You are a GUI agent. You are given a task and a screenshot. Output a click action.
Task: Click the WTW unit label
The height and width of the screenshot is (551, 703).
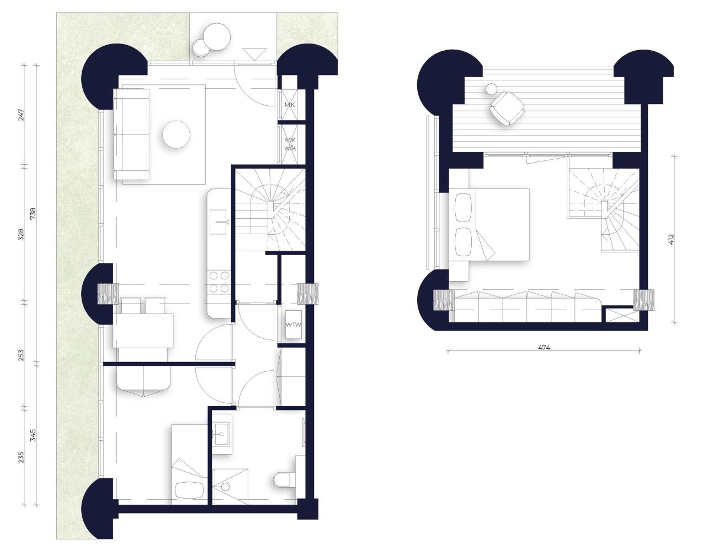coord(294,325)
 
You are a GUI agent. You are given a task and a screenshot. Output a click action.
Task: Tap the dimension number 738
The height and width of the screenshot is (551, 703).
coord(33,214)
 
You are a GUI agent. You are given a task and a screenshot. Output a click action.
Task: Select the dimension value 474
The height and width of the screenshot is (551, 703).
coord(544,348)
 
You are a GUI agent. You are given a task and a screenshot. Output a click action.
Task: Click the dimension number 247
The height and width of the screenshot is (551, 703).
coord(21,115)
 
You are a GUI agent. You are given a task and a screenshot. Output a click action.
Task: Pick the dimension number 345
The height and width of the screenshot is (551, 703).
coord(33,435)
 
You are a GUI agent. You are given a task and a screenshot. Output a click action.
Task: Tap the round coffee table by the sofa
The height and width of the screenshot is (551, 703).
coord(176,134)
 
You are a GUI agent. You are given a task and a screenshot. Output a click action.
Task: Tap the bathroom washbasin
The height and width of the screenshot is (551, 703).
coord(222,434)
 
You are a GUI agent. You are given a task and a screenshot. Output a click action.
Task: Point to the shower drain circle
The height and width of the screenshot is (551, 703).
coord(226,487)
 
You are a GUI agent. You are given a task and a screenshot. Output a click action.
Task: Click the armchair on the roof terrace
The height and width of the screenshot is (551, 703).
coord(507,109)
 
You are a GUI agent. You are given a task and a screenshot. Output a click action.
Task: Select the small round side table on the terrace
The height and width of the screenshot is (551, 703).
coord(492,89)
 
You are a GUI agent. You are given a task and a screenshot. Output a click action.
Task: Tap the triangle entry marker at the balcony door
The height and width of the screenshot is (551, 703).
coord(254,53)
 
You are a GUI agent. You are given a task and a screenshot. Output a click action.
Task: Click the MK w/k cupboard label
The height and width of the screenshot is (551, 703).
coord(290,144)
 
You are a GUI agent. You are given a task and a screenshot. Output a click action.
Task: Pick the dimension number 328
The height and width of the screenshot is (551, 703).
coord(21,234)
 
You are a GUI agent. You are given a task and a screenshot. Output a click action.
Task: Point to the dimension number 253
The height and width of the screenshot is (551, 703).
coord(21,355)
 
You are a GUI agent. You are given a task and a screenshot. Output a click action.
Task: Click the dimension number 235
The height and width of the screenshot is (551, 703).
coord(21,457)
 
